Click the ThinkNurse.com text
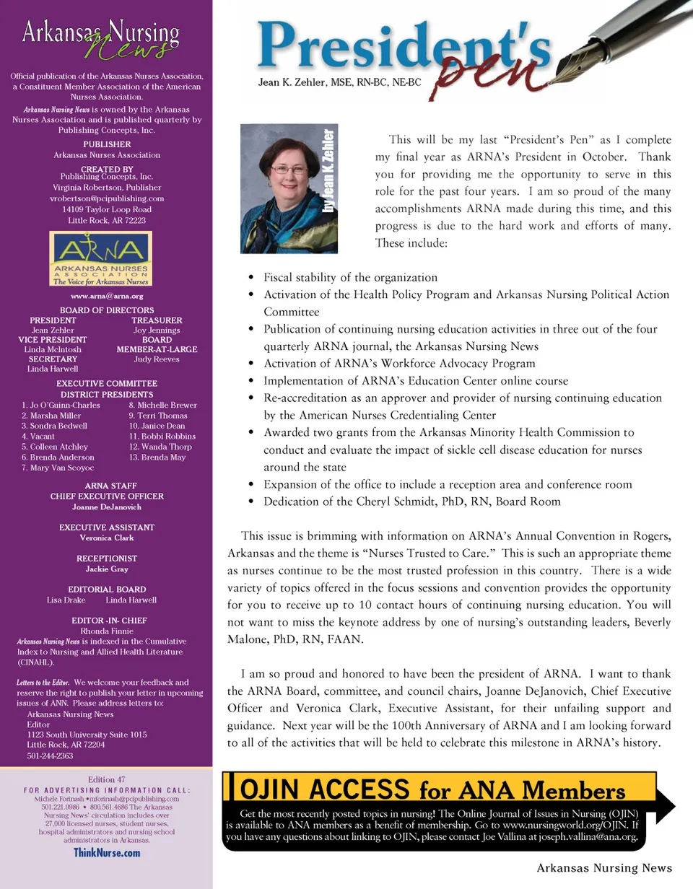(x=106, y=853)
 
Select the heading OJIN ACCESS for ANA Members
(x=432, y=790)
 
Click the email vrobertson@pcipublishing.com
(x=106, y=198)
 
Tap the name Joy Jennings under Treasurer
(x=157, y=330)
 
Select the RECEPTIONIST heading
(x=106, y=559)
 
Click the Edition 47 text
(x=106, y=779)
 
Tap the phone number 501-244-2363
(x=50, y=756)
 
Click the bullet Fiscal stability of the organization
(x=350, y=277)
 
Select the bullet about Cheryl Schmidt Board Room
(x=411, y=502)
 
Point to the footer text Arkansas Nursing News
(x=603, y=869)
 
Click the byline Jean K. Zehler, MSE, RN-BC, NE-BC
(x=339, y=83)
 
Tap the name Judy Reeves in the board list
(x=157, y=359)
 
